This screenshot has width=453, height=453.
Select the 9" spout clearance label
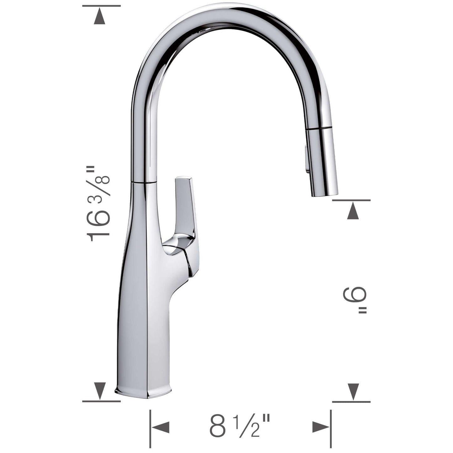point(356,301)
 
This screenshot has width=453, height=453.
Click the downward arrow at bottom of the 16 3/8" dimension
point(100,391)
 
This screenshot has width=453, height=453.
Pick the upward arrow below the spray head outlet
point(353,211)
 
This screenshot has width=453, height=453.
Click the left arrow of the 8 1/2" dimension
point(160,427)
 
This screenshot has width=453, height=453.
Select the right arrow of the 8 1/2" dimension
point(321,427)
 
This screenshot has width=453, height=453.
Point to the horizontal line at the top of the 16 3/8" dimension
point(101,6)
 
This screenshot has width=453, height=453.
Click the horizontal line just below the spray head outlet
point(351,200)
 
